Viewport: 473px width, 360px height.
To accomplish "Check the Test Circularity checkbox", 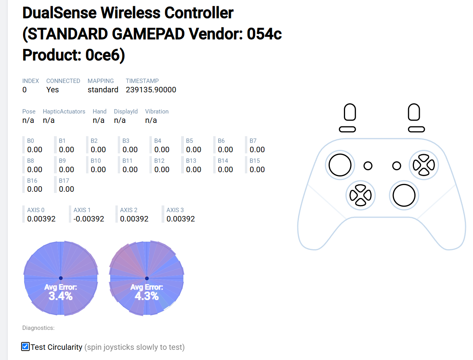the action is click(25, 346).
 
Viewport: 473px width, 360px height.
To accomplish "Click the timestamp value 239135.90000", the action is click(151, 90).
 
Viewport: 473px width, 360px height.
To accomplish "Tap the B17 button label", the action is click(64, 180).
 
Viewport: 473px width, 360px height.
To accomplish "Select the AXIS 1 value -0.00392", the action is click(88, 219).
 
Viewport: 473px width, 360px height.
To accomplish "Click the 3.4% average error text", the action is click(61, 296).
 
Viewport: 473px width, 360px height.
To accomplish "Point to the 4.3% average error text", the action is click(147, 296).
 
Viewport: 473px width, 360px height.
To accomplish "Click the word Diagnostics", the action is click(38, 328).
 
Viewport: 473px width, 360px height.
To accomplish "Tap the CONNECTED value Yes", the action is click(52, 90).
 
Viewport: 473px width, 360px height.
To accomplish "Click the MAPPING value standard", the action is click(103, 90).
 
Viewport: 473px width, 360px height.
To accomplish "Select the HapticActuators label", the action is click(64, 112).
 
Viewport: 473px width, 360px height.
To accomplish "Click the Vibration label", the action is click(156, 112).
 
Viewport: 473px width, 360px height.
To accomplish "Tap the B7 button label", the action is click(253, 141).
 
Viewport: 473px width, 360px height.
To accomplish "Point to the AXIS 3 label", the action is click(175, 210).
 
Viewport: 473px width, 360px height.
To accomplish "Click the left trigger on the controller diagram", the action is click(349, 112).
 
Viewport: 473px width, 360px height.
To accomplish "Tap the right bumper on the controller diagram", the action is click(416, 129).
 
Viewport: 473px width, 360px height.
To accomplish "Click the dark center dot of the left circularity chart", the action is click(61, 278).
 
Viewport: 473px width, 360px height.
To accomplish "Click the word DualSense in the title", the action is click(59, 13).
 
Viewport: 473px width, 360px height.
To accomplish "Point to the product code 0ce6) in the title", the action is click(105, 55).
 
